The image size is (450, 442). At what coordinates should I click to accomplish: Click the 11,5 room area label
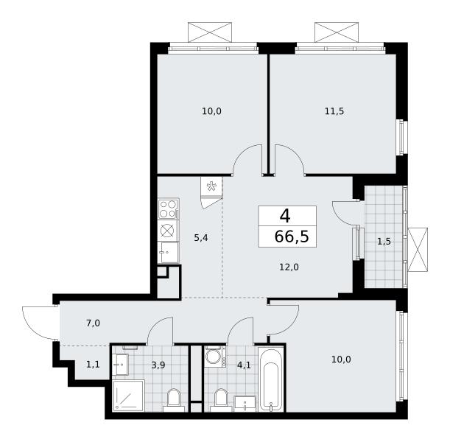(334, 111)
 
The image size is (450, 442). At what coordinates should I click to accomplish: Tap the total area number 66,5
(292, 236)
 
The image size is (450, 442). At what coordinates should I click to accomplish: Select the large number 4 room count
(285, 216)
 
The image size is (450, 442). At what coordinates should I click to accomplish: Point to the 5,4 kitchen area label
(201, 238)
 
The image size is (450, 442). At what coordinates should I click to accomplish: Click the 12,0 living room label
(289, 267)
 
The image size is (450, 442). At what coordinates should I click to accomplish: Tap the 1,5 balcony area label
(384, 242)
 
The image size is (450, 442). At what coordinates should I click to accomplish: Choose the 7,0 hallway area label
(93, 323)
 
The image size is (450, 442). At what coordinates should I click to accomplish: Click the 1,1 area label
(93, 365)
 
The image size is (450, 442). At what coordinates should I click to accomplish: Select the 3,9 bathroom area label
(158, 365)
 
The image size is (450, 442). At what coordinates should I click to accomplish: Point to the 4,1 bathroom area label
(244, 365)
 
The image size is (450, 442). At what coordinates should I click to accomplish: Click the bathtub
(270, 379)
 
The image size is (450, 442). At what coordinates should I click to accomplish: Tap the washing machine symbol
(214, 357)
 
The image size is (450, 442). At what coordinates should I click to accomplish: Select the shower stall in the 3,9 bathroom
(128, 396)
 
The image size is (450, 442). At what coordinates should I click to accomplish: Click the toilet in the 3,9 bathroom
(173, 400)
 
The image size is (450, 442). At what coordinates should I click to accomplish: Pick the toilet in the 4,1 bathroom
(220, 400)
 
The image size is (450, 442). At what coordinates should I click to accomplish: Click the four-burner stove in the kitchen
(168, 209)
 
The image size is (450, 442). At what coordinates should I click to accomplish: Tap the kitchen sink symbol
(168, 253)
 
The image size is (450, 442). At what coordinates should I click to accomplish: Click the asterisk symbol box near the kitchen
(212, 186)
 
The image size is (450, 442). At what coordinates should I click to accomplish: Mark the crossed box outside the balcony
(418, 250)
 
